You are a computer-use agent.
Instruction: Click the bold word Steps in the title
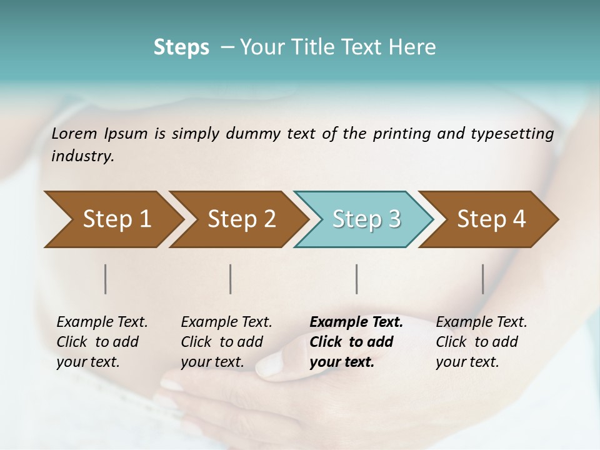tap(181, 47)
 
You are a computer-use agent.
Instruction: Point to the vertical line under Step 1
tap(106, 279)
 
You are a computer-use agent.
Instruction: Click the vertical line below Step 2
tap(231, 279)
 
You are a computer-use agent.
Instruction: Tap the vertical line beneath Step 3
tap(356, 279)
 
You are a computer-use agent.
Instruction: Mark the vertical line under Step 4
tap(483, 279)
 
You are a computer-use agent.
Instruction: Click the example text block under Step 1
tap(101, 342)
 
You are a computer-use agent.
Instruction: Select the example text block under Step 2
tap(226, 342)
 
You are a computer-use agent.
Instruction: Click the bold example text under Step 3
tap(356, 342)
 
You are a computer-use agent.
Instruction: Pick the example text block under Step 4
tap(481, 342)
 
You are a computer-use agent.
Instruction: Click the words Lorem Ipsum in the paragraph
tap(99, 134)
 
